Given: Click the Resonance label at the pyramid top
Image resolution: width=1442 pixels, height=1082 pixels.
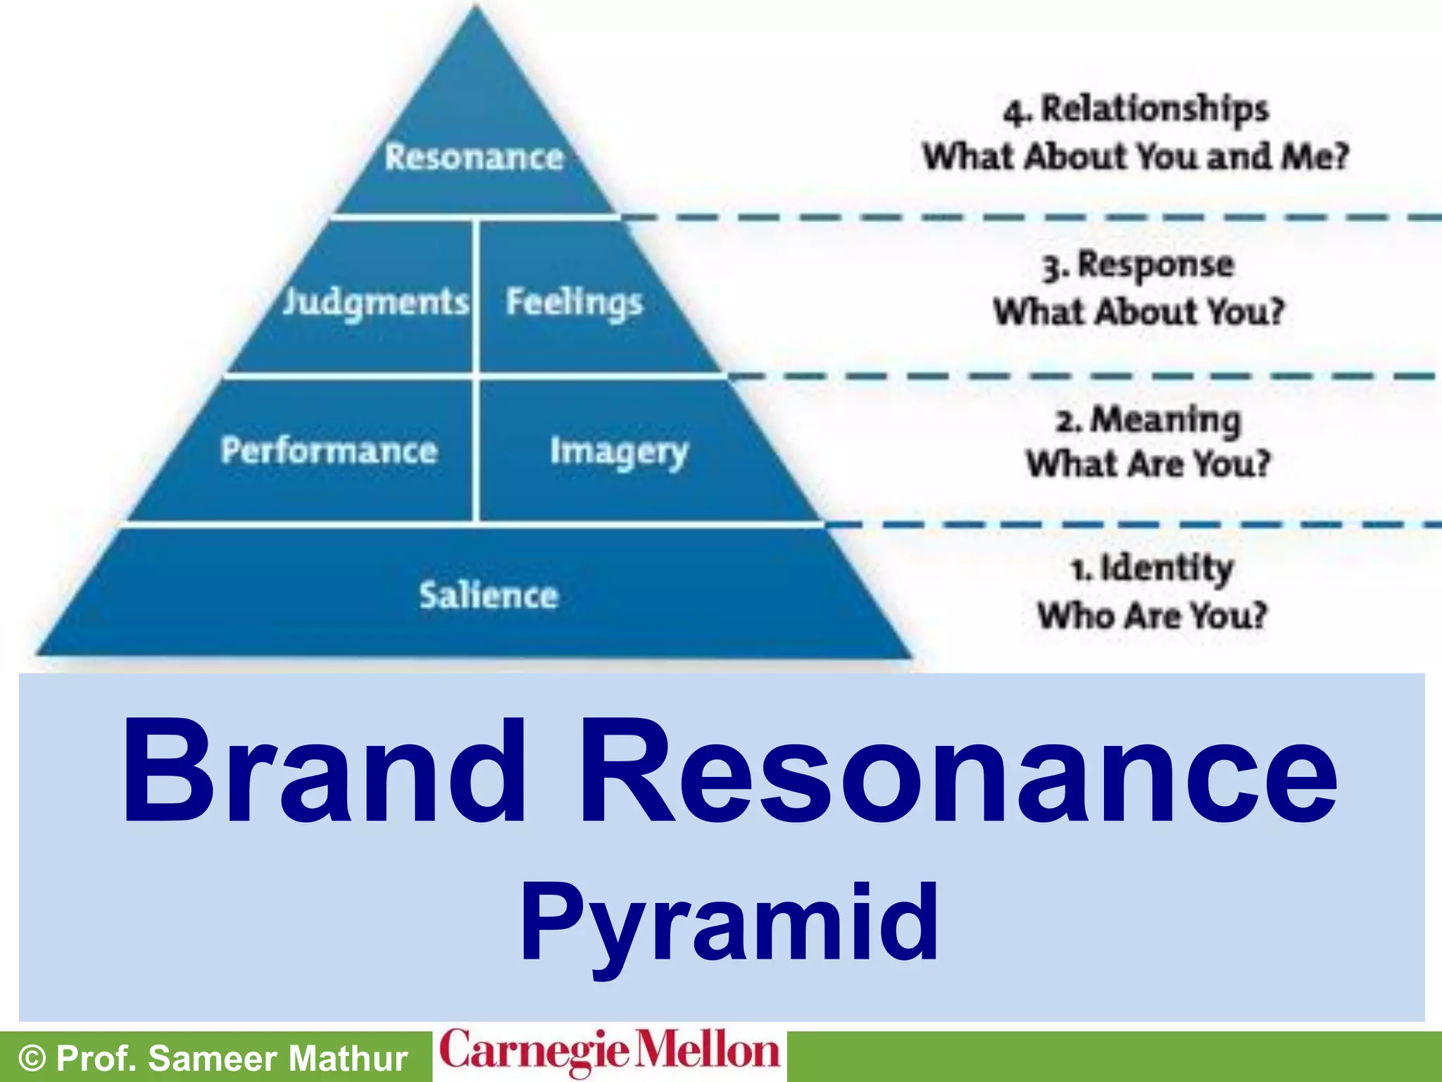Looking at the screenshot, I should [474, 156].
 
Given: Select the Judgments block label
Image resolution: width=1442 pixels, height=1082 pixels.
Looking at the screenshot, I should [375, 302].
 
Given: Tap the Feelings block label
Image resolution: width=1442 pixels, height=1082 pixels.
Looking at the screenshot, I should [575, 302].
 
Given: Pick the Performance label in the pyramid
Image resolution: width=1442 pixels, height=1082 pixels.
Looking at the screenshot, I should [329, 450].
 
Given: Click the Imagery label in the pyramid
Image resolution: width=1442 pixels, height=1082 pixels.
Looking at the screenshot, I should [618, 452].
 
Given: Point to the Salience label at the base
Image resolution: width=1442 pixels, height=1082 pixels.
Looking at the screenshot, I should [489, 595].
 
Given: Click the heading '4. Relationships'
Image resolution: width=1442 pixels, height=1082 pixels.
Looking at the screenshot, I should [1136, 110].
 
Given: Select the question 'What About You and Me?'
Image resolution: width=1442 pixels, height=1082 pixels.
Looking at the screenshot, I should [1136, 156].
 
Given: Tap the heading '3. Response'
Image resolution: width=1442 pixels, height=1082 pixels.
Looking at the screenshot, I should [1139, 265].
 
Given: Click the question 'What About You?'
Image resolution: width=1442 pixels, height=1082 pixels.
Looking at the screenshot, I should [1139, 311].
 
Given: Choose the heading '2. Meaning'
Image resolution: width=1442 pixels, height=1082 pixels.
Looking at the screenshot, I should [1148, 420].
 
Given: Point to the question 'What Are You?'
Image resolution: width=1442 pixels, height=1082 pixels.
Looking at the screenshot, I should [1148, 464].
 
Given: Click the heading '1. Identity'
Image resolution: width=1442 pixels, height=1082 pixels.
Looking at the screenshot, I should [1152, 568].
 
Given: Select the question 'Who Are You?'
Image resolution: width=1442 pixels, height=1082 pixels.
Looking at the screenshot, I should [1152, 615].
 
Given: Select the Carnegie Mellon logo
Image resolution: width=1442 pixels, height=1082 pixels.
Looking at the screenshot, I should [610, 1052].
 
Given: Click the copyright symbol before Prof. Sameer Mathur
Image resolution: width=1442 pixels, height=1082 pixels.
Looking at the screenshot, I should [32, 1059].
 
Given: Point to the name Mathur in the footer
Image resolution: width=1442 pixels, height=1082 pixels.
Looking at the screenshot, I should [348, 1059].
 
